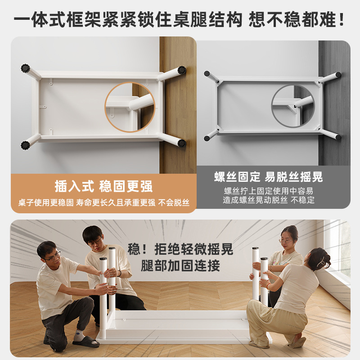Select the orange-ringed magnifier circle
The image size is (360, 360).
pos(130,107)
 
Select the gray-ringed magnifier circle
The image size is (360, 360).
pos(293,106)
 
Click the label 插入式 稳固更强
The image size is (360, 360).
pos(103,186)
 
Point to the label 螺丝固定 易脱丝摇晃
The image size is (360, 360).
pos(269,177)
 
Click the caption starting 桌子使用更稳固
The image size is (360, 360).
pos(103,202)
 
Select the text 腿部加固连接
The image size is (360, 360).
pos(180,265)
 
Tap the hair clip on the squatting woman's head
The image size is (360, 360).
pos(322,260)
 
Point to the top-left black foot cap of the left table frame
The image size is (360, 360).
pos(25,68)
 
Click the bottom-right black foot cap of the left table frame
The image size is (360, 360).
pos(181,143)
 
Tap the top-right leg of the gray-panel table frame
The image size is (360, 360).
pos(331,76)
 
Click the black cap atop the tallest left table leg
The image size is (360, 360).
pos(112,248)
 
